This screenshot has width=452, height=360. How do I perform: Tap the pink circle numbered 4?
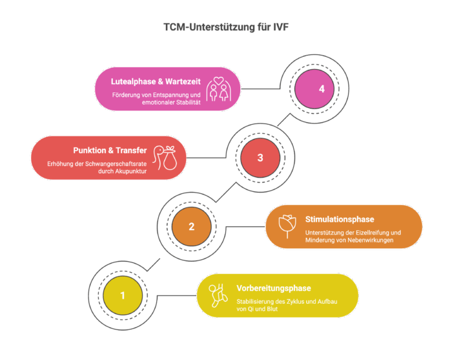click(313, 89)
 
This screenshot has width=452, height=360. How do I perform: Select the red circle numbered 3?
click(260, 158)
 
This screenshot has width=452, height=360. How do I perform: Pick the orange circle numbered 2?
click(191, 226)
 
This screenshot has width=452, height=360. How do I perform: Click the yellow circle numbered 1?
click(123, 295)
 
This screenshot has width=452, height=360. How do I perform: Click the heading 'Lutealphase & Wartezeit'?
click(155, 81)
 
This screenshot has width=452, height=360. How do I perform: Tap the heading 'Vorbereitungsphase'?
click(265, 288)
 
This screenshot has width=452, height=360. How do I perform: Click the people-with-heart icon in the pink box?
click(219, 89)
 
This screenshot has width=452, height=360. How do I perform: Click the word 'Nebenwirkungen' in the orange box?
click(362, 242)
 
